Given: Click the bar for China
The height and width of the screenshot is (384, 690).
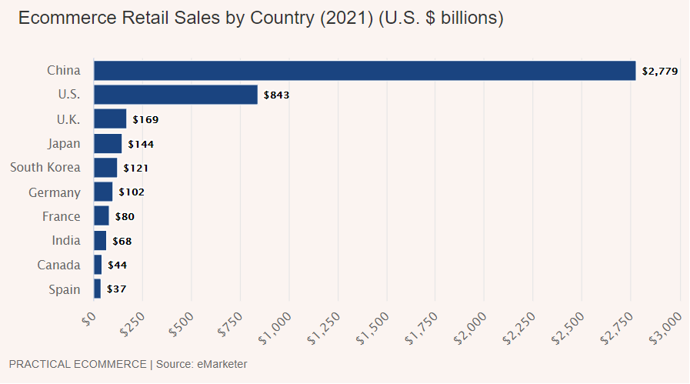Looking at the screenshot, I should click(x=365, y=71).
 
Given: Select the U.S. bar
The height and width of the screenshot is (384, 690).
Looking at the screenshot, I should click(x=175, y=95).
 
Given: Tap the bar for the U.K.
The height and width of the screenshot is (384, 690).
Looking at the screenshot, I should click(x=110, y=119).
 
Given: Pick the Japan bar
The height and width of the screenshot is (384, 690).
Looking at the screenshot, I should click(x=108, y=144).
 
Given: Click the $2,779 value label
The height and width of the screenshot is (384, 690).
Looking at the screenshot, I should click(x=660, y=72).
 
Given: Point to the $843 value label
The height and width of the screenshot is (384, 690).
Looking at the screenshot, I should click(x=277, y=95).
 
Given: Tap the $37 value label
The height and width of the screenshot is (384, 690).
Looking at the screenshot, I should click(x=116, y=289).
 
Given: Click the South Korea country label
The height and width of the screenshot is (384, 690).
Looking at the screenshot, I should click(x=45, y=168).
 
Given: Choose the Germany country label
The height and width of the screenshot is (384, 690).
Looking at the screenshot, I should click(x=54, y=192).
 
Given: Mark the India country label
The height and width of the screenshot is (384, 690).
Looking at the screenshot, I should click(x=65, y=241).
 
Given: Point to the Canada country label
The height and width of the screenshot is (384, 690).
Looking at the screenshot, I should click(x=58, y=265).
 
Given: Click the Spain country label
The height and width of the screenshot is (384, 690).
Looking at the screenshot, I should click(x=64, y=289).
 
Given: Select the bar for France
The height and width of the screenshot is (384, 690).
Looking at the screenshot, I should click(x=102, y=216).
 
